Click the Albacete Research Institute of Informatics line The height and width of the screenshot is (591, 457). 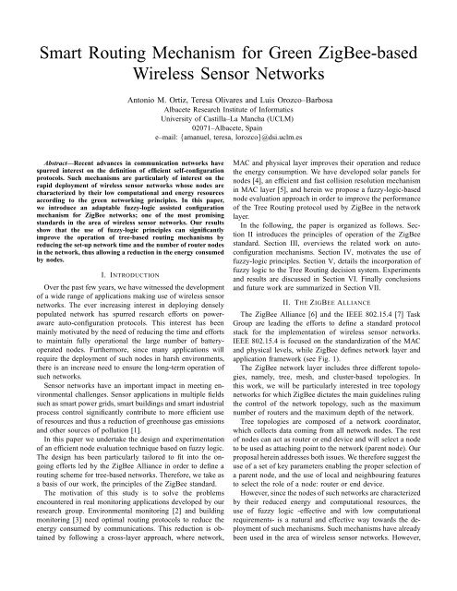click(x=228, y=112)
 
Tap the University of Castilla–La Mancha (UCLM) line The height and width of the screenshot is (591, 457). click(x=228, y=123)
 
